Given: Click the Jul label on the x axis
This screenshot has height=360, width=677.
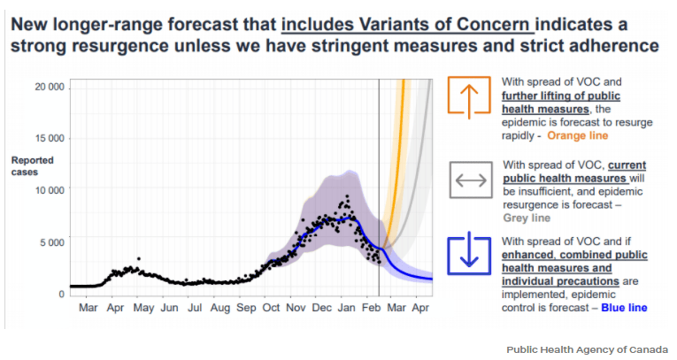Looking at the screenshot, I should coord(195,308).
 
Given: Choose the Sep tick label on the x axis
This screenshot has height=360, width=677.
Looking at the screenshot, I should coord(246,308).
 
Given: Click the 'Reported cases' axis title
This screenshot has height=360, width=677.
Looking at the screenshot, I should coord(32,166).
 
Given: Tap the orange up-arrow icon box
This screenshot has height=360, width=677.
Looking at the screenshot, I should coord(469,96).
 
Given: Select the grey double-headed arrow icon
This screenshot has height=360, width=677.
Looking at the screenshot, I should coord(470,181).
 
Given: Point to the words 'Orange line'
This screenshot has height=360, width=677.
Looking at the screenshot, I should coord(577,136).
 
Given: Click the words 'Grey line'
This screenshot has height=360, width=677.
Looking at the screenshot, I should coord(527,218).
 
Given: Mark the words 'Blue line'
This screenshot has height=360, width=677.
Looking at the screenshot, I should coord(624,308).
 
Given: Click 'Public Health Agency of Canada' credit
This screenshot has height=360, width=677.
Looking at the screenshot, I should coord(587,349).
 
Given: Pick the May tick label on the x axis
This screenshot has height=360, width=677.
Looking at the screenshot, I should coord(143,308).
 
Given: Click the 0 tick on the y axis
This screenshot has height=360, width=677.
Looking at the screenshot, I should coord(61,293).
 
